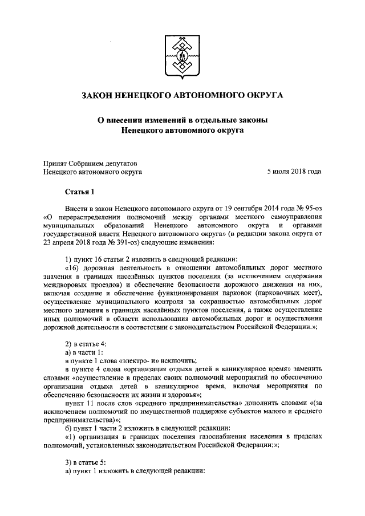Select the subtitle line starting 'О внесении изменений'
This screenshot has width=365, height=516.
point(182,121)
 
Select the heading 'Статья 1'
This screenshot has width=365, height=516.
point(82,193)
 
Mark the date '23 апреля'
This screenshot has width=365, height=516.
point(59,241)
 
